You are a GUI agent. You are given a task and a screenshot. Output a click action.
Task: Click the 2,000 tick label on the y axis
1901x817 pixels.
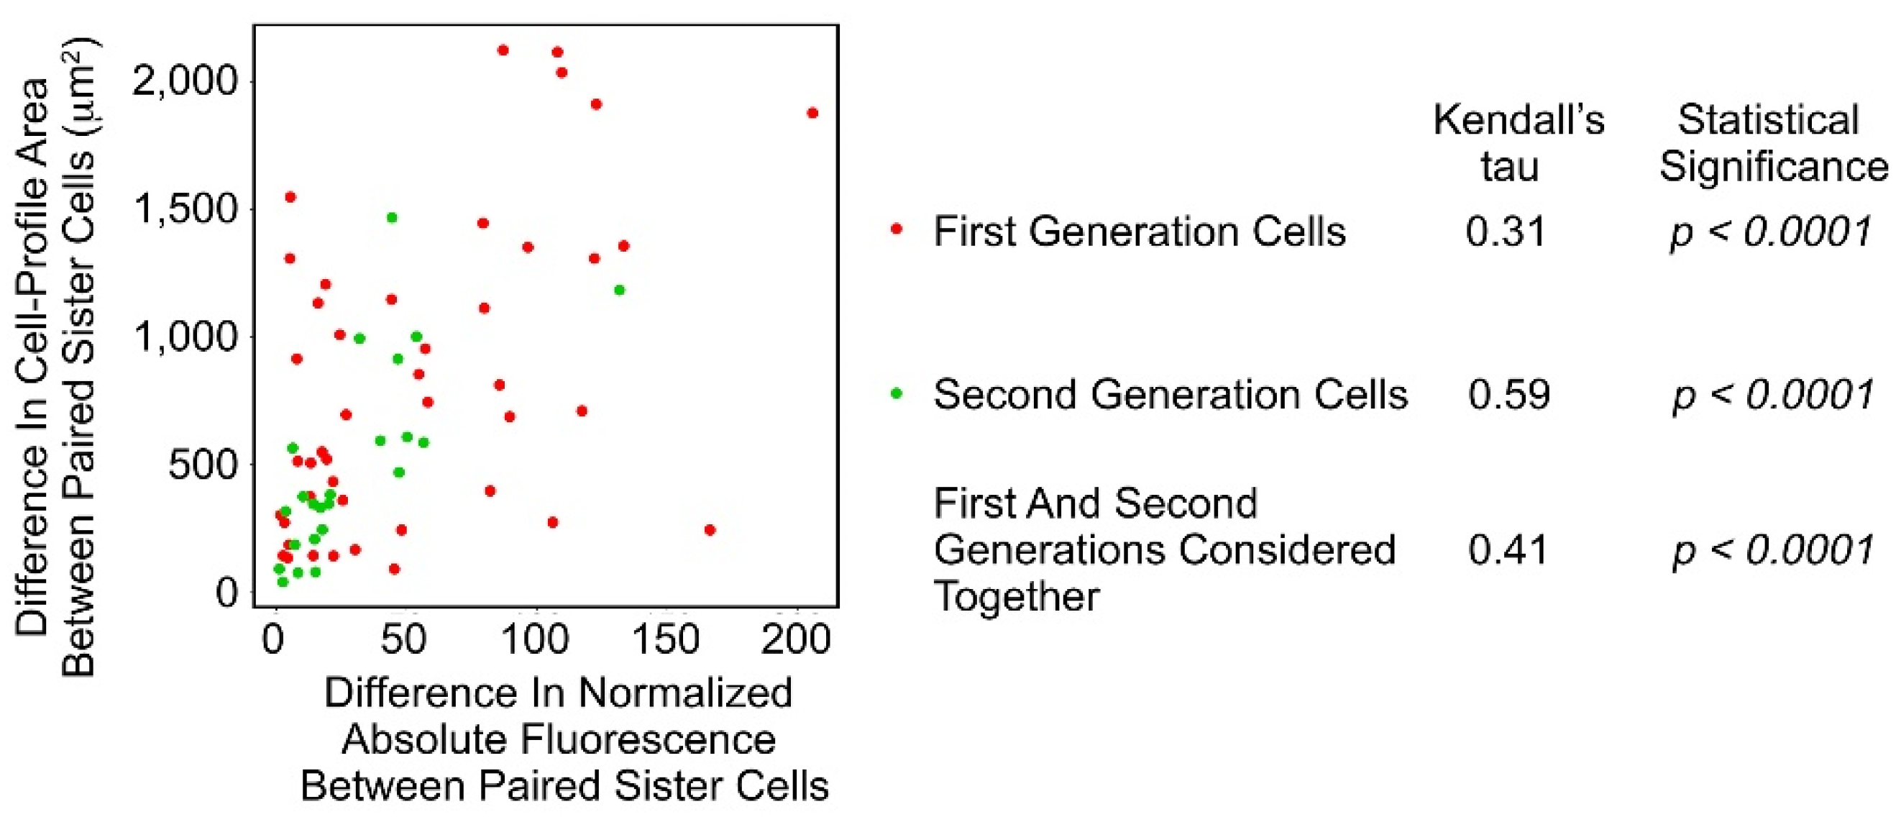(x=185, y=80)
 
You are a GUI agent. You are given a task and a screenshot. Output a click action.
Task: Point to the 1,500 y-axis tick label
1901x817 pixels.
(x=185, y=209)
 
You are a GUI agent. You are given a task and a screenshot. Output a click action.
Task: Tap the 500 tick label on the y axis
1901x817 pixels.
(x=203, y=465)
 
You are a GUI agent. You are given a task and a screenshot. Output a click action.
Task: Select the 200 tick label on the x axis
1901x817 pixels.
(x=796, y=639)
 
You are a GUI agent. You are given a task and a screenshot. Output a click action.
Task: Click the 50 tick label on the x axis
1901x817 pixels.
(x=403, y=639)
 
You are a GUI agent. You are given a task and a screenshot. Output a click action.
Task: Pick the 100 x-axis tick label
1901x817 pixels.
(x=535, y=639)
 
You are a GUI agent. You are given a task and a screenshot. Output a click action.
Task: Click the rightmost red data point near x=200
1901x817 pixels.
(x=812, y=113)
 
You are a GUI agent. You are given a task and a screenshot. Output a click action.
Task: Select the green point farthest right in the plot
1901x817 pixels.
(x=619, y=290)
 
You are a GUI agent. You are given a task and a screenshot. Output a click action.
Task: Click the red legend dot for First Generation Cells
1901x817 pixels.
(x=897, y=229)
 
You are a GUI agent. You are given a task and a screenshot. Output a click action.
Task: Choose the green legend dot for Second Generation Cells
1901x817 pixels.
(x=897, y=393)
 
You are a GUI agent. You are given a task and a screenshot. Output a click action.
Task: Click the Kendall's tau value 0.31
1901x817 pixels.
(x=1506, y=232)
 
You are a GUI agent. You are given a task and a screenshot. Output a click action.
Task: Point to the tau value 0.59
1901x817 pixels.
(x=1508, y=394)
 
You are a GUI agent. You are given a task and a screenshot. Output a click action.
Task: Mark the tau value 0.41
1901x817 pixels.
(x=1508, y=550)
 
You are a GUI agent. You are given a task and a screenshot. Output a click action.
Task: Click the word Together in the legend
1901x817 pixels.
(x=1016, y=596)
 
